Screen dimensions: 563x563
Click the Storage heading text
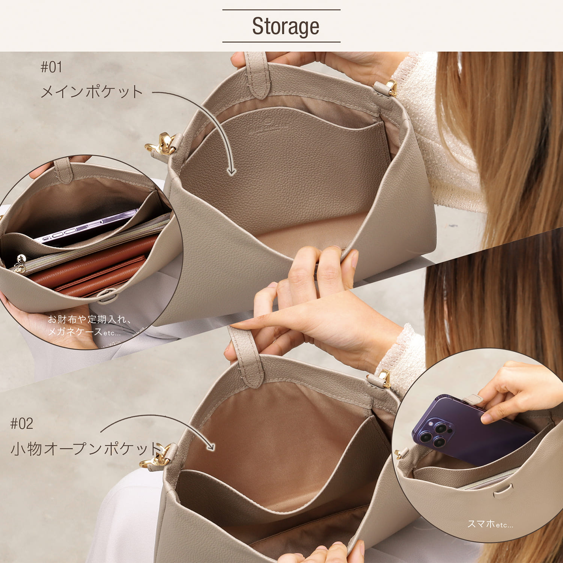285,26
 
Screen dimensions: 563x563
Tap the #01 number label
51,67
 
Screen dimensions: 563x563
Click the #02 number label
22,424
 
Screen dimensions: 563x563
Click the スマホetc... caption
490,524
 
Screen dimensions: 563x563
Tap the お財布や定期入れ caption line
89,319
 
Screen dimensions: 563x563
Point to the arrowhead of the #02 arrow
211,447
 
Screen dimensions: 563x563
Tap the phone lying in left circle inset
86,227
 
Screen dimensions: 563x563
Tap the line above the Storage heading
281,10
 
